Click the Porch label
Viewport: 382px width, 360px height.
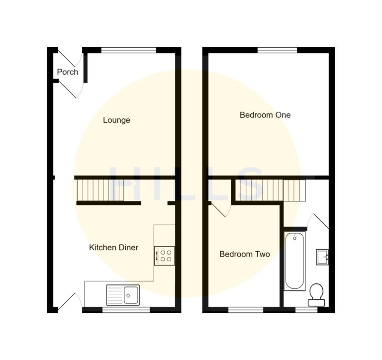(68, 72)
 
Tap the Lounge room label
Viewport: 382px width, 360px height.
(117, 120)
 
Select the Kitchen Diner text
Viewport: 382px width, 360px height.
(113, 247)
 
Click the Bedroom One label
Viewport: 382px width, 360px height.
(265, 115)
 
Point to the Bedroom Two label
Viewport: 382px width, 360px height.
(245, 254)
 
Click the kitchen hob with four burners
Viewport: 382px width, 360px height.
(165, 256)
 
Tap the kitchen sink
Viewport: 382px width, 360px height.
(123, 294)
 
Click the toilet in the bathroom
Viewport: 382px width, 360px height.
(316, 294)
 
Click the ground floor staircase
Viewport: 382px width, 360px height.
(100, 190)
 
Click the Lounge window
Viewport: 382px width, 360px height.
(128, 50)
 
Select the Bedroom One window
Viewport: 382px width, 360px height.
(277, 50)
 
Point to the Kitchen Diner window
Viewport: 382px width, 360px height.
(126, 310)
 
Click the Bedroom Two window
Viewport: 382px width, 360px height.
(246, 310)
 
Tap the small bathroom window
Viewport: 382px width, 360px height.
(306, 310)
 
